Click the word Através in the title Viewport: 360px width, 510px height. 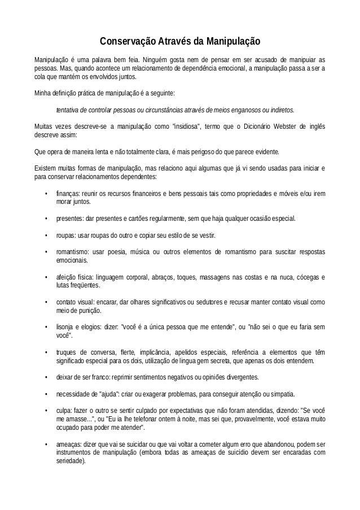click(170, 42)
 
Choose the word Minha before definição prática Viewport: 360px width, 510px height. click(44, 93)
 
